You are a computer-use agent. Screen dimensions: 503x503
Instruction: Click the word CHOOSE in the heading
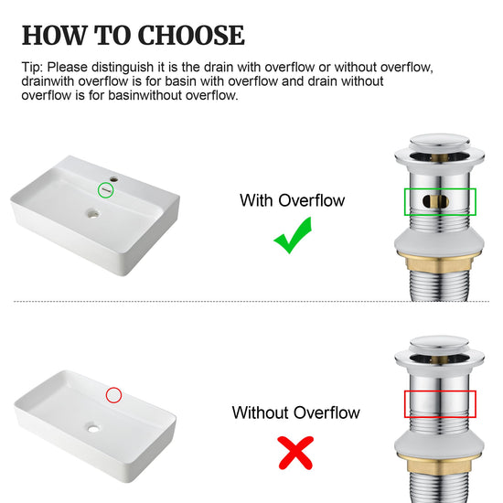click(x=191, y=35)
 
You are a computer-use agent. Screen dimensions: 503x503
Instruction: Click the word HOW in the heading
click(x=55, y=35)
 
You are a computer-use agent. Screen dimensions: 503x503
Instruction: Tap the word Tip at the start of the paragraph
click(x=32, y=68)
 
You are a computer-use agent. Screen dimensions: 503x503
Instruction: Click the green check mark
click(x=293, y=235)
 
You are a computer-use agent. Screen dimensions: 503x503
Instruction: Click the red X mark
click(x=295, y=453)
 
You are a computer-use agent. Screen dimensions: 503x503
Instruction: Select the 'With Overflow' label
click(x=293, y=200)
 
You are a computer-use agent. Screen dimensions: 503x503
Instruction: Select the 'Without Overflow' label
click(x=295, y=412)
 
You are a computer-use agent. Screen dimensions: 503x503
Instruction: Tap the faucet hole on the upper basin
click(x=114, y=179)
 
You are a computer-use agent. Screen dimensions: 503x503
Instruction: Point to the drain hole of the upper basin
click(x=93, y=213)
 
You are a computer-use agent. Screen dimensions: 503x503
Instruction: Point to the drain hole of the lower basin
click(x=93, y=428)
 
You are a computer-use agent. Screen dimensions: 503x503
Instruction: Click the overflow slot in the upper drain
click(x=435, y=201)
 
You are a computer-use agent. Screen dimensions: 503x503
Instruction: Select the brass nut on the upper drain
click(x=439, y=262)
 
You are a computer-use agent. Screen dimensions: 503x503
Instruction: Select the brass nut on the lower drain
click(x=439, y=464)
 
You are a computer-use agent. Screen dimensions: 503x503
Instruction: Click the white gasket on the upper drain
click(x=439, y=243)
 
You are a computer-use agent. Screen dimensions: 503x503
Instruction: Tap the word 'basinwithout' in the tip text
click(x=145, y=95)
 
